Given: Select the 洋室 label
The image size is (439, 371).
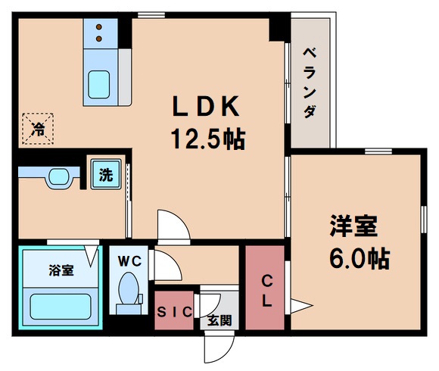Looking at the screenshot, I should tap(353, 228).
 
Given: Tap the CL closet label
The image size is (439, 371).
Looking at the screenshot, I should tap(266, 291).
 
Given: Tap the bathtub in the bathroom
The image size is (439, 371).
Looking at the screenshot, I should tap(61, 307).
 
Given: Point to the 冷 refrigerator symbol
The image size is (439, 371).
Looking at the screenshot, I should tap(38, 129).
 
